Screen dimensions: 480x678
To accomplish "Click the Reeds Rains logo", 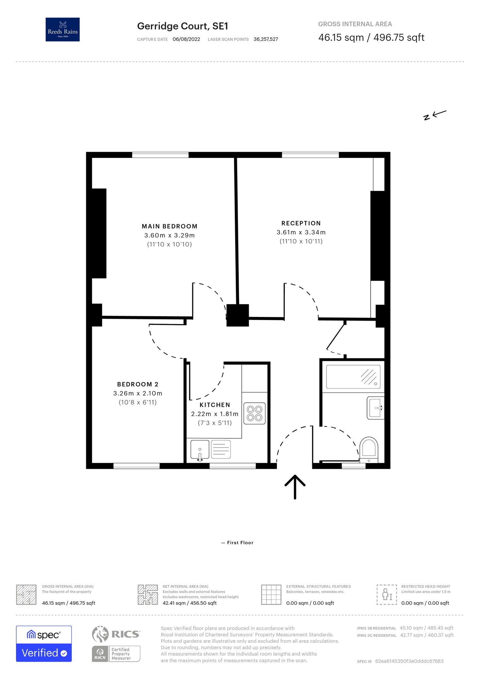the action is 62,29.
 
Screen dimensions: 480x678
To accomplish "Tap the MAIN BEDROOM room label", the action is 169,226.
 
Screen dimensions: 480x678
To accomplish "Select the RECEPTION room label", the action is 301,223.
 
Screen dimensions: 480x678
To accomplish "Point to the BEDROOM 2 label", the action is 138,384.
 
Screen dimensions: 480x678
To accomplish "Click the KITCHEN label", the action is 215,405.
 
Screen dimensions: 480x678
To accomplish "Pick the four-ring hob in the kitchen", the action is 255,413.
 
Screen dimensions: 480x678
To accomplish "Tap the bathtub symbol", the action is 353,377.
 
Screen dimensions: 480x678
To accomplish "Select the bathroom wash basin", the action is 376,408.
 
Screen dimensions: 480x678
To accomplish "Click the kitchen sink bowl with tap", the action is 200,450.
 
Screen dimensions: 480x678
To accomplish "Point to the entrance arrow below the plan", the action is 295,487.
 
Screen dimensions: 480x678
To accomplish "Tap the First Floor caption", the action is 240,543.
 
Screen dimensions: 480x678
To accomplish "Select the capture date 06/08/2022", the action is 186,39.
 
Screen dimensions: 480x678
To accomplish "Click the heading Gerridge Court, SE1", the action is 183,26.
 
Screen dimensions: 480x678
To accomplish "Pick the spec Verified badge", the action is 44,644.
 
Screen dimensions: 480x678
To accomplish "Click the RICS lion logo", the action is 100,634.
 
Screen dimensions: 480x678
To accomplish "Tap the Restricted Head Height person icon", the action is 387,595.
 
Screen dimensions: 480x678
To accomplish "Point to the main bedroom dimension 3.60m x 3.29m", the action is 169,236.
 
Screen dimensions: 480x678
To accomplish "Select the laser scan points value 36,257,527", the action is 266,39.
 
